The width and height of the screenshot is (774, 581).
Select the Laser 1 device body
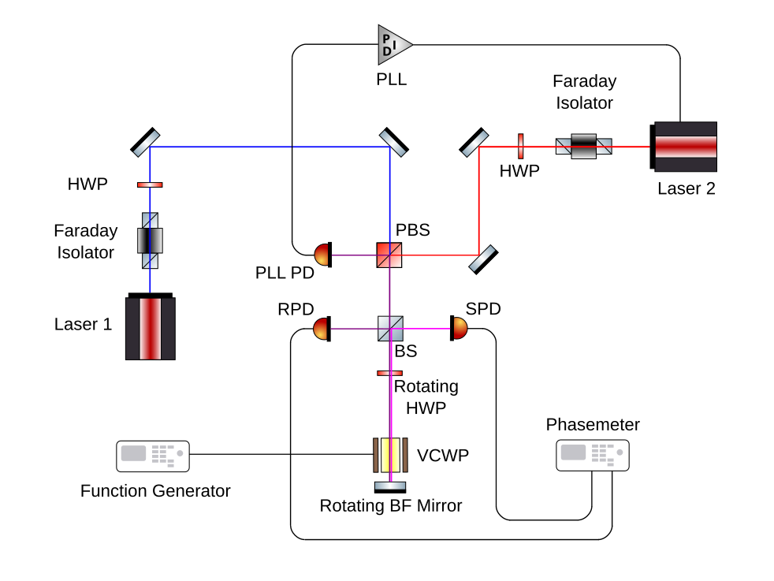[x=151, y=327]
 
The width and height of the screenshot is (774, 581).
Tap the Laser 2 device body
[x=685, y=147]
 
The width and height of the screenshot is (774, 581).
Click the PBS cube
[x=389, y=255]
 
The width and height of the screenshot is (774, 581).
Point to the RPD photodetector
[x=322, y=328]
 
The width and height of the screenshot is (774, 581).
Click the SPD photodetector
[x=458, y=328]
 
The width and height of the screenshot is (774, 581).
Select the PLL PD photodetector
[x=323, y=254]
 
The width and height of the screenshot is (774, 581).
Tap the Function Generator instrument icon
[x=153, y=455]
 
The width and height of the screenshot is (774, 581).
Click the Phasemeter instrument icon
[x=593, y=455]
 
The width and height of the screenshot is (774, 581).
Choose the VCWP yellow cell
[x=389, y=454]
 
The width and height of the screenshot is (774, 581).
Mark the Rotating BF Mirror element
[x=389, y=486]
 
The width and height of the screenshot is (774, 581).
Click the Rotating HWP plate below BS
[x=389, y=373]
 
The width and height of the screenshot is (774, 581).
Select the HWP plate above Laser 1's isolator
[x=150, y=184]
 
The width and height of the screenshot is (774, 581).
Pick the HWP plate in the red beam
[x=521, y=146]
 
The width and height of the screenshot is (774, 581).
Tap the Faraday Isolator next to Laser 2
[x=584, y=146]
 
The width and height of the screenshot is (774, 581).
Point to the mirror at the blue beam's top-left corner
[x=145, y=142]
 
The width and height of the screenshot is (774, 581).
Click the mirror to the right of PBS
[x=483, y=259]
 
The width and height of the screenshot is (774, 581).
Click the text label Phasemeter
[x=593, y=425]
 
